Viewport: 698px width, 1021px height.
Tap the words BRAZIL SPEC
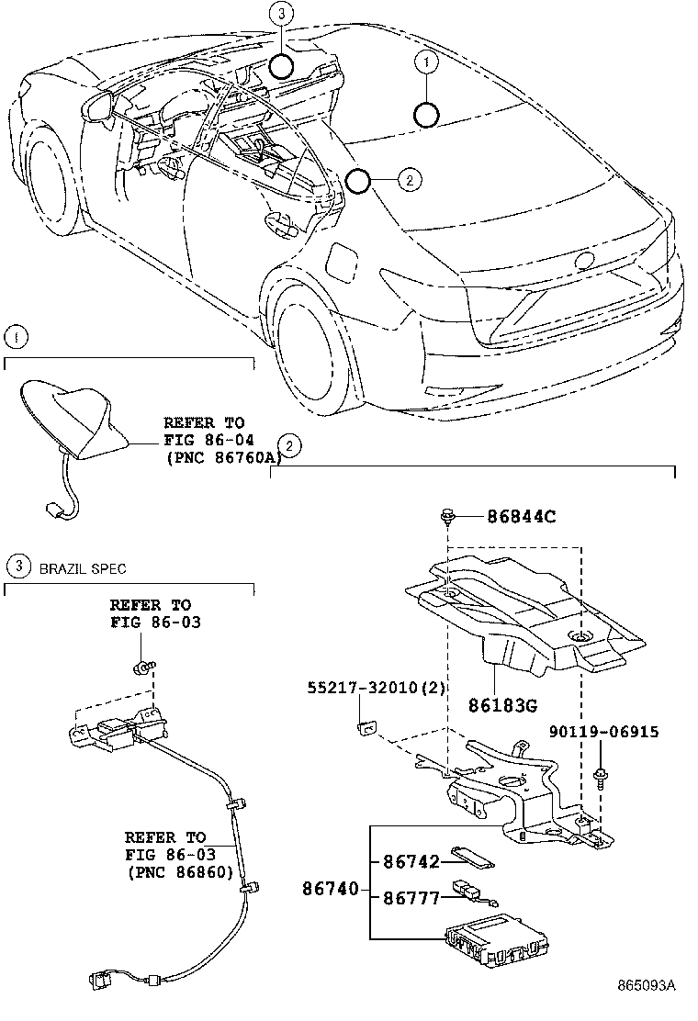[82, 569]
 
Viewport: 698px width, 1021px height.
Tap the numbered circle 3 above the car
[282, 14]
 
